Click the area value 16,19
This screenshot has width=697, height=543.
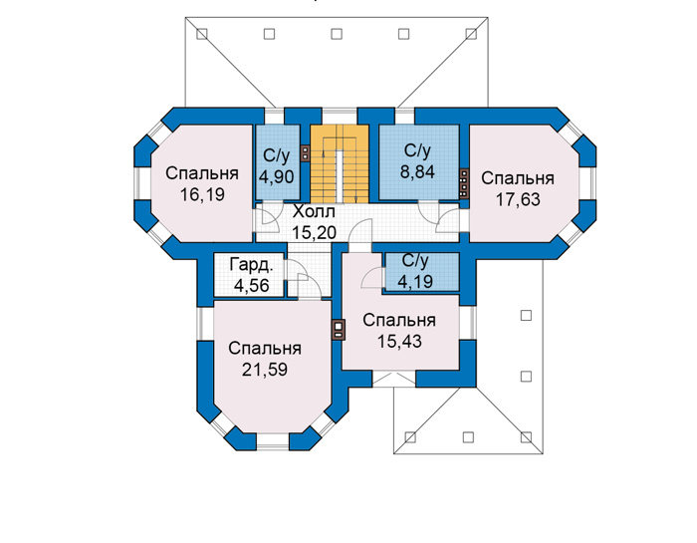click(202, 194)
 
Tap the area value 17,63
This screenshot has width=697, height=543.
click(518, 199)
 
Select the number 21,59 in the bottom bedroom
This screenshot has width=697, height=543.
click(265, 369)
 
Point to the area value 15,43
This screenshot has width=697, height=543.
click(399, 341)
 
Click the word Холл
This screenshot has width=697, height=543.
click(314, 211)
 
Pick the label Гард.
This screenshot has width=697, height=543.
click(251, 265)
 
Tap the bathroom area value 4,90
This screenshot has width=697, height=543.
click(276, 176)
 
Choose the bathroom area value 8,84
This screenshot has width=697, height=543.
click(417, 171)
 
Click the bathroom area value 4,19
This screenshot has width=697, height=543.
click(415, 281)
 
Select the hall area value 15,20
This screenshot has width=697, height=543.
click(314, 232)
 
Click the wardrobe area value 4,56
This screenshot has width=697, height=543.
click(252, 285)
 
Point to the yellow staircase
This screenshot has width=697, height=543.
click(340, 163)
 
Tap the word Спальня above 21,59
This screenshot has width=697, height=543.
click(265, 349)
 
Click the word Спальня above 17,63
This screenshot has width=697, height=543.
click(518, 178)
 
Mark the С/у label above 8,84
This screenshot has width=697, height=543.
click(417, 151)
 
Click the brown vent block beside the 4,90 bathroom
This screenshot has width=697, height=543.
click(305, 153)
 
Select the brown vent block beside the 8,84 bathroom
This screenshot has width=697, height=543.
click(464, 183)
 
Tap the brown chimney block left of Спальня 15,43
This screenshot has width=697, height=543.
click(339, 330)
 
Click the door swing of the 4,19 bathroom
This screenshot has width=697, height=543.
click(372, 278)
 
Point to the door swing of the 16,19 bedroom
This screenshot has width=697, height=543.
click(269, 218)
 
